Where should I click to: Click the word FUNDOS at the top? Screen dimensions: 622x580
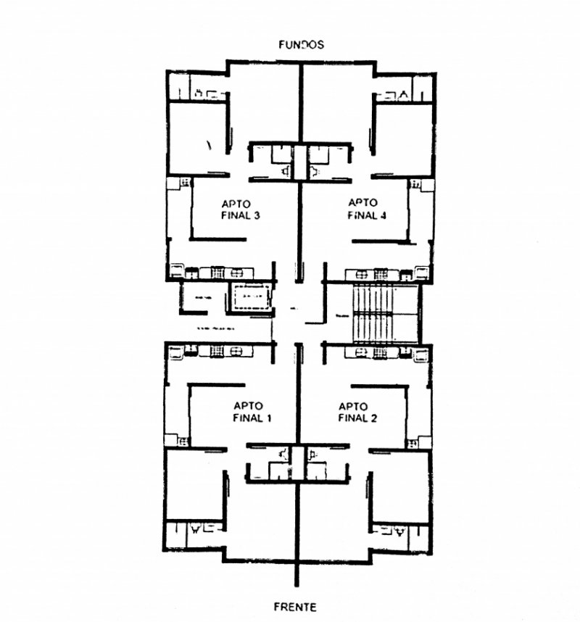click(x=301, y=44)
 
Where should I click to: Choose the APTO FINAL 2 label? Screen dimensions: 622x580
click(x=356, y=412)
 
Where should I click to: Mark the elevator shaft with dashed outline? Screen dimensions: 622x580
click(x=250, y=298)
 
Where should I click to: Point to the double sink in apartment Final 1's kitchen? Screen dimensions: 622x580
click(x=236, y=352)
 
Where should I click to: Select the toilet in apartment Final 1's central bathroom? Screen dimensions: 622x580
click(x=283, y=453)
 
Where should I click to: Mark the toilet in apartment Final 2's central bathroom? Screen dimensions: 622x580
click(x=312, y=455)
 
